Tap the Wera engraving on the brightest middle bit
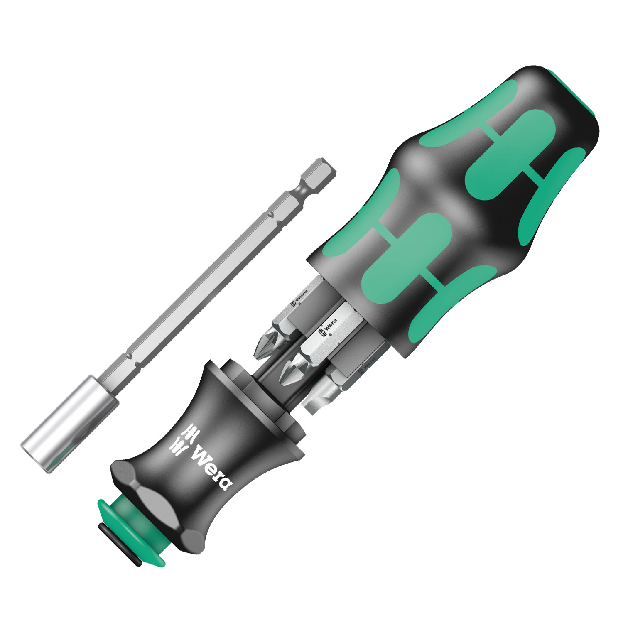tap(328, 325)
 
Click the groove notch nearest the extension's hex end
tap(271, 214)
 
